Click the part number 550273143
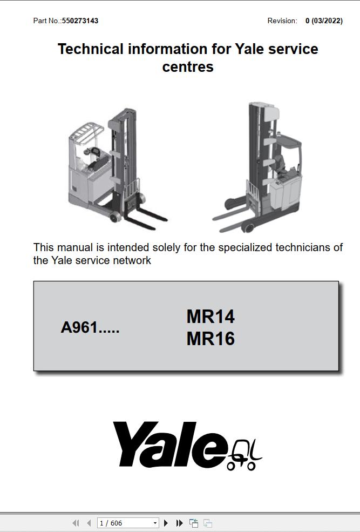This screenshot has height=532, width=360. (80, 21)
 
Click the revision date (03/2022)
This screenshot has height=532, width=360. (327, 21)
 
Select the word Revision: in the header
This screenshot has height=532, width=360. (282, 21)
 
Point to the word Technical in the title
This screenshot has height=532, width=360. (91, 49)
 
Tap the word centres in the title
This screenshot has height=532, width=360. (188, 66)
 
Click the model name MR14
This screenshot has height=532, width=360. (210, 316)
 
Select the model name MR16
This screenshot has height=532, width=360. (210, 339)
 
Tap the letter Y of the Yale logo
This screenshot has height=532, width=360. (134, 443)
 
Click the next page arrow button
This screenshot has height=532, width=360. (166, 523)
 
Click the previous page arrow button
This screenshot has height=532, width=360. (89, 523)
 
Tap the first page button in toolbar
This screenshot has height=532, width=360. (76, 523)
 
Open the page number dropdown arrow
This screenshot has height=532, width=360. (155, 523)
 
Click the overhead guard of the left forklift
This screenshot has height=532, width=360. (87, 131)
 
